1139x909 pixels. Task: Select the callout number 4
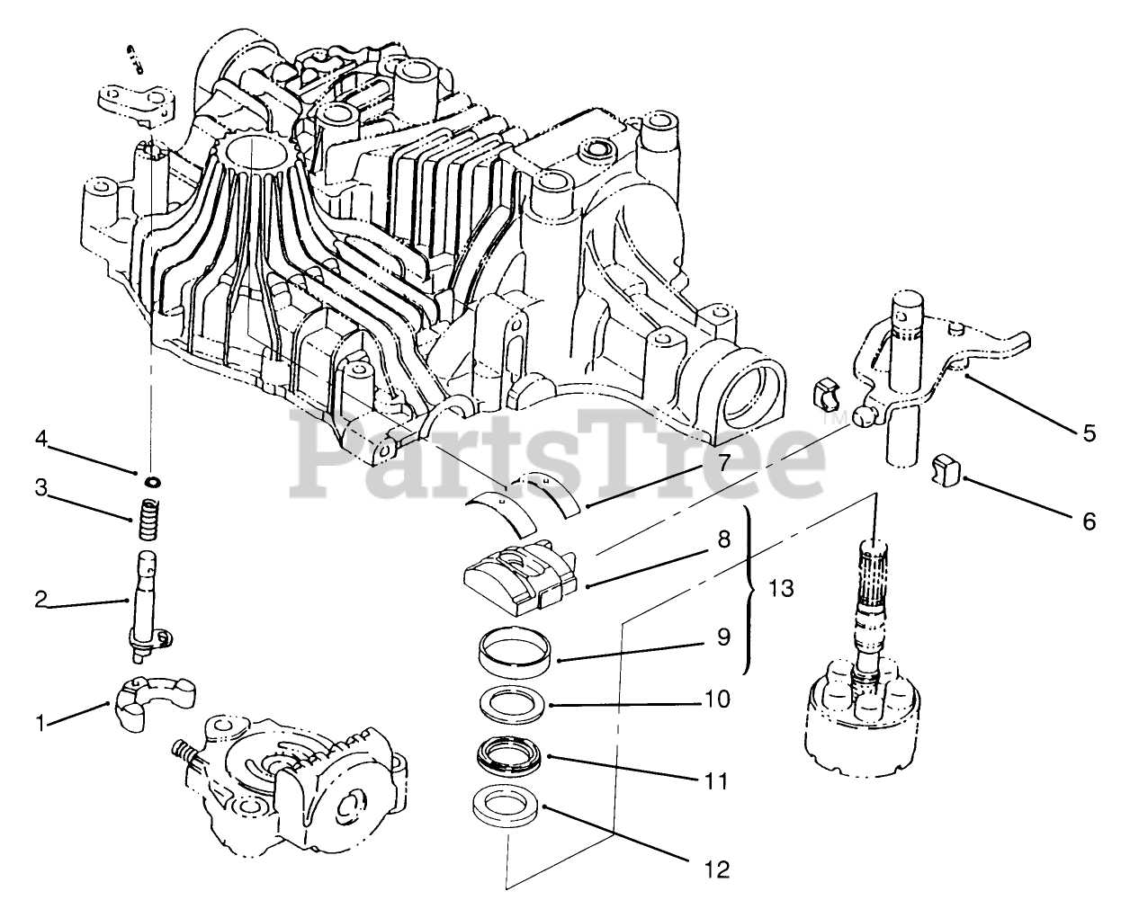(x=41, y=439)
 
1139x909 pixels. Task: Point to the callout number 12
(x=717, y=869)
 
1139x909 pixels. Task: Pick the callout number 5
(x=1089, y=433)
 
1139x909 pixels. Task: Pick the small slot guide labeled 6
(x=946, y=468)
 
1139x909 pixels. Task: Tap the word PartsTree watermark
(x=558, y=445)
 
